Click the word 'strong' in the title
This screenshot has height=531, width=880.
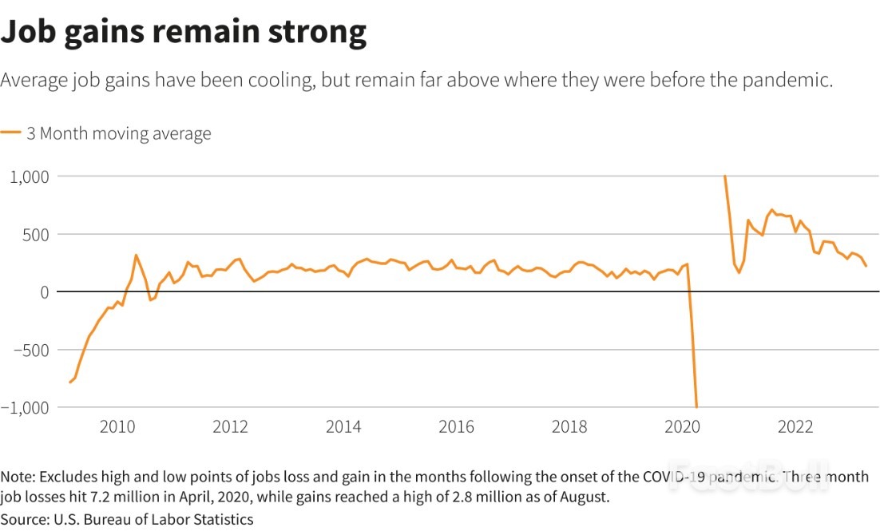tap(317, 32)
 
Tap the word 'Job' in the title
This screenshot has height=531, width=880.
tap(28, 31)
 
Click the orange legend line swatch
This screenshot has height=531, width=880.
tap(10, 133)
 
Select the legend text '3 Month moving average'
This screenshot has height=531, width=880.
tap(119, 133)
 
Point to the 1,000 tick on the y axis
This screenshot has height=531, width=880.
tap(30, 176)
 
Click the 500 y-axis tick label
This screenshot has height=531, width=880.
tap(36, 235)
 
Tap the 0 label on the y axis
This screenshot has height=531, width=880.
tap(45, 292)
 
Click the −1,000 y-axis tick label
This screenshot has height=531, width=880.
tap(26, 407)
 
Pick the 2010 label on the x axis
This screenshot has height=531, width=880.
tap(117, 427)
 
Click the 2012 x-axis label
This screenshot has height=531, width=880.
tap(230, 427)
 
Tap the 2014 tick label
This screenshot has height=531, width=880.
tap(343, 427)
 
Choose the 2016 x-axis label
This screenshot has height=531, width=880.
tap(456, 427)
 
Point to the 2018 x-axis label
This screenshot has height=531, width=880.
tap(569, 427)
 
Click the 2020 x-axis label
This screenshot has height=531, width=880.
tap(683, 427)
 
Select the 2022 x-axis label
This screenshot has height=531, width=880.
tap(795, 427)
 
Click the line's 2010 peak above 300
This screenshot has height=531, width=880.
tap(136, 256)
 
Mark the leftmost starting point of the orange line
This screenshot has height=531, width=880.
tap(70, 382)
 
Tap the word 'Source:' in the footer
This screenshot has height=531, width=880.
tap(25, 520)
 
